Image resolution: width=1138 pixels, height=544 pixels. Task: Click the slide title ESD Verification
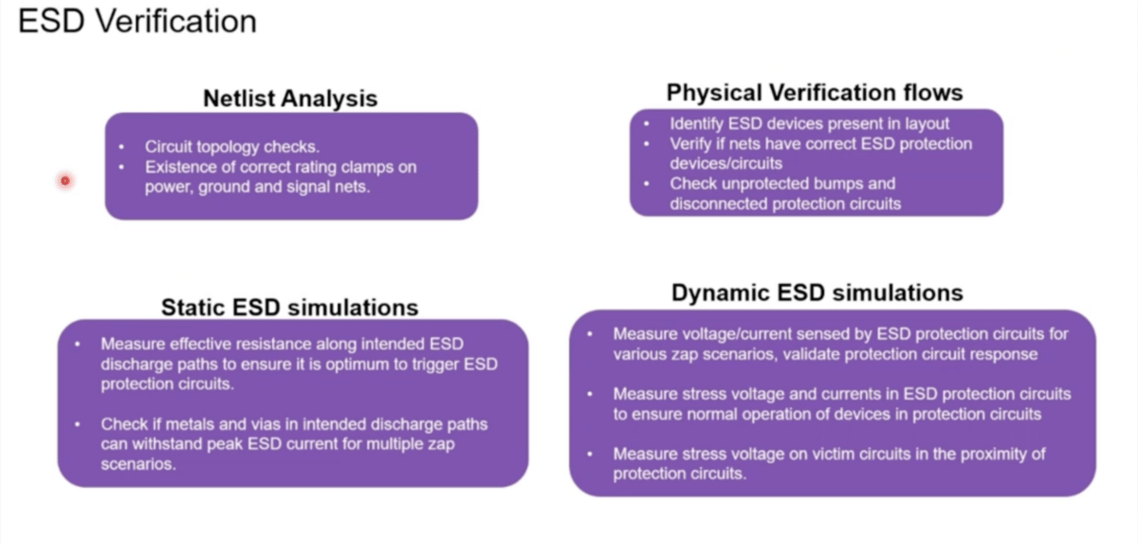(138, 21)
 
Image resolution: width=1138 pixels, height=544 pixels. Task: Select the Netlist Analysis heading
(290, 98)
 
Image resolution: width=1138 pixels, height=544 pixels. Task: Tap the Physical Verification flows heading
(814, 92)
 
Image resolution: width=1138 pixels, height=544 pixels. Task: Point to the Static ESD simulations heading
(289, 307)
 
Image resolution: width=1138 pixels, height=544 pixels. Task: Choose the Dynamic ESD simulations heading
(817, 293)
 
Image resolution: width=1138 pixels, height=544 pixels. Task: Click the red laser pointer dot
(64, 180)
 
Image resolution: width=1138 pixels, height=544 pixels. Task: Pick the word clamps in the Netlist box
(386, 167)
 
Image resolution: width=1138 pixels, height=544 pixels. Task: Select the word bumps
(867, 183)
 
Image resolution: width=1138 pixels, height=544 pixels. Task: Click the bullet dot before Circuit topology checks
(121, 147)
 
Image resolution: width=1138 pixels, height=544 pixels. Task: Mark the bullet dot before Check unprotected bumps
(647, 183)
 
